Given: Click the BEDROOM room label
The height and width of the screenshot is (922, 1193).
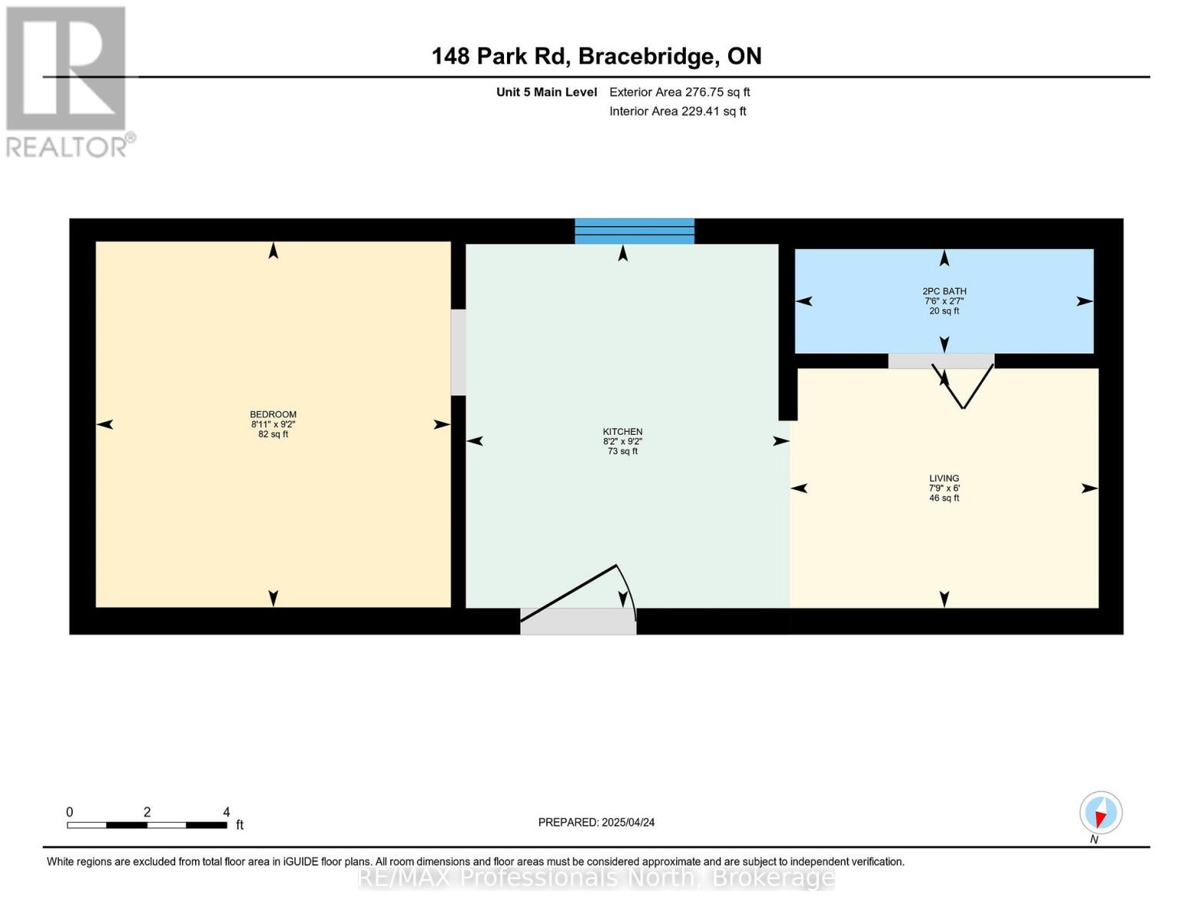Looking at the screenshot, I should pos(273,414).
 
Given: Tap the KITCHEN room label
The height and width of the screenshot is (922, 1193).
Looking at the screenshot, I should pos(622,432).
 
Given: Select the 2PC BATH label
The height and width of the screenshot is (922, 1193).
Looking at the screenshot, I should pos(944,291).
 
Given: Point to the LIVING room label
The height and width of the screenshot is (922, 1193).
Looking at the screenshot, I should pos(944,478).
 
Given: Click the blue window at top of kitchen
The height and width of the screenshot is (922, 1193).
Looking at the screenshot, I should pos(635,230).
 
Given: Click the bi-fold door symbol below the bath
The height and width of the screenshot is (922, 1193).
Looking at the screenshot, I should pos(963,386).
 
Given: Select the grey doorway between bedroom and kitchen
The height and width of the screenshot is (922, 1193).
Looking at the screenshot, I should pos(458,352).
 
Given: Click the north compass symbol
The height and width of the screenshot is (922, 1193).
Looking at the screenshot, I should pos(1100,813).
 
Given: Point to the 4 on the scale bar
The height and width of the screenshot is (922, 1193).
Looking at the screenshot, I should pos(226,812).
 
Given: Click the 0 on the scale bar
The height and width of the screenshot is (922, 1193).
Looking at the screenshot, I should pos(70,812).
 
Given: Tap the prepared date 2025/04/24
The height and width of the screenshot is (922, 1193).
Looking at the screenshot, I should pos(628,822).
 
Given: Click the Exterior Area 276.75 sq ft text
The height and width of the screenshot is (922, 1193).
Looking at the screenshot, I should pos(679,92).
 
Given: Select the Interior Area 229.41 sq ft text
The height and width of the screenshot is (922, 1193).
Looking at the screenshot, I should pos(678,111).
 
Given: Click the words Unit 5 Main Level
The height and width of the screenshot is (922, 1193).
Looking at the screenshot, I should pos(546,92).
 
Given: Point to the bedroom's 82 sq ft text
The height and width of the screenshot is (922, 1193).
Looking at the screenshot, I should pos(273,434).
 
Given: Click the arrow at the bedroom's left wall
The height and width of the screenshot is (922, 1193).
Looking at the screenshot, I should pos(105,424).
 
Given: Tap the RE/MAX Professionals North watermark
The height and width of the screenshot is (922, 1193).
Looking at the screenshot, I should pos(596,877).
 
